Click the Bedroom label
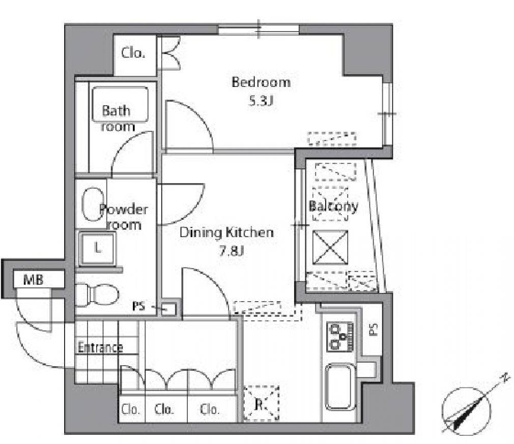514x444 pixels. click(x=261, y=82)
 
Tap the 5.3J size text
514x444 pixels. click(x=261, y=101)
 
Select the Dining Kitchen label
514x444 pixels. click(x=226, y=232)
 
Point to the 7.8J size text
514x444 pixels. click(x=232, y=251)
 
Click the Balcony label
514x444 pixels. click(x=333, y=206)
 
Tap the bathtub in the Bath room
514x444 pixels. click(x=120, y=104)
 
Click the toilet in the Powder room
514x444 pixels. click(x=97, y=294)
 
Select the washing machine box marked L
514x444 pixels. click(x=97, y=248)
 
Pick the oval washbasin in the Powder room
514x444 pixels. click(x=92, y=204)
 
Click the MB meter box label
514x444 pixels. click(x=34, y=280)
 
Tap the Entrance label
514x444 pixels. click(x=100, y=347)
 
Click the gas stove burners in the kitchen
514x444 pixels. click(x=340, y=337)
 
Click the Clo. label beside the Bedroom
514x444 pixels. click(x=133, y=53)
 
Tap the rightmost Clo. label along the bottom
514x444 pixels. click(x=209, y=409)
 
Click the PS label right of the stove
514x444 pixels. click(x=374, y=330)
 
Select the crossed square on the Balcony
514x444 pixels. click(x=330, y=247)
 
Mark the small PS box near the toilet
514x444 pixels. click(x=169, y=309)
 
